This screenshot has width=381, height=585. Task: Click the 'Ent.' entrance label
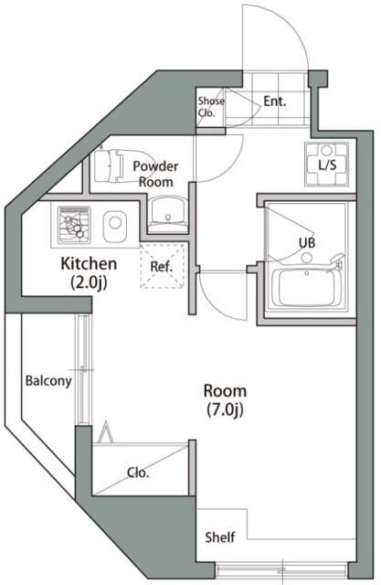[x=275, y=101]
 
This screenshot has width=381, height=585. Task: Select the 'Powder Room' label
[x=154, y=174]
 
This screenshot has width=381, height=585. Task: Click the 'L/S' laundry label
[x=326, y=165]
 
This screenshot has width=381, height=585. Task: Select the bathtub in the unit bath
[x=304, y=291]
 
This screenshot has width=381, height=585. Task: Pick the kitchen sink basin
[x=114, y=224]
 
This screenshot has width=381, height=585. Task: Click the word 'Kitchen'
[x=89, y=264]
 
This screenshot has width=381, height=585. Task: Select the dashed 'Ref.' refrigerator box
[x=162, y=268]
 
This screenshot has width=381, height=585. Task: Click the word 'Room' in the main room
[x=225, y=390]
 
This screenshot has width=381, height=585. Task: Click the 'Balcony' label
[x=48, y=381]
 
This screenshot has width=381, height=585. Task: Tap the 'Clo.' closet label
[x=138, y=473]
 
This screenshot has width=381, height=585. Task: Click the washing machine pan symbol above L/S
[x=326, y=152]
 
